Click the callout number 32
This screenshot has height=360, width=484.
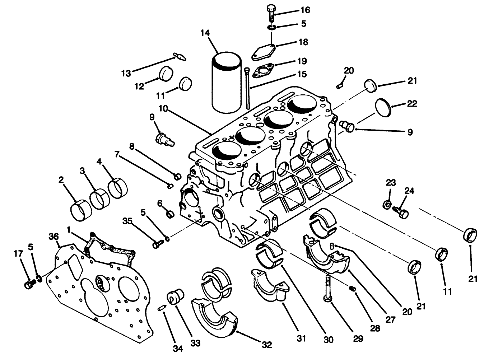coord(267,345)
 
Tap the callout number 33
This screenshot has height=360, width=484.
coord(195,343)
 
